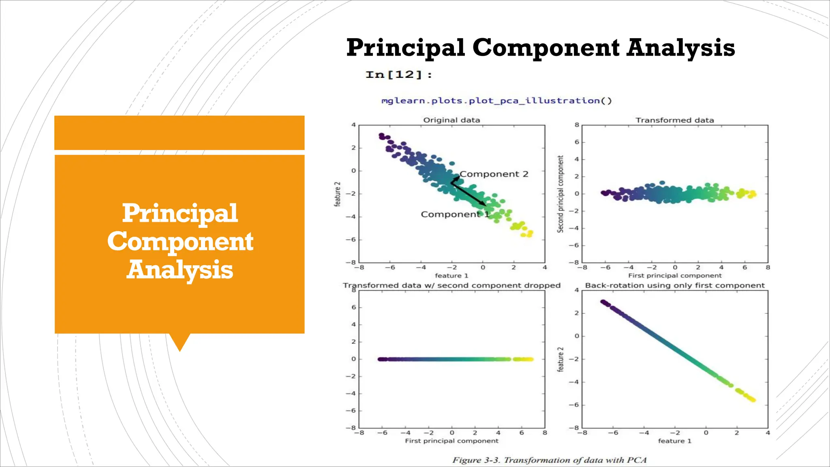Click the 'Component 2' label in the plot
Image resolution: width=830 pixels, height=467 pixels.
(494, 174)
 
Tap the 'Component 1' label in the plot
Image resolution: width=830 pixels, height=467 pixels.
(455, 214)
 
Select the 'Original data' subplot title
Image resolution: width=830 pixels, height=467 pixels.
(451, 120)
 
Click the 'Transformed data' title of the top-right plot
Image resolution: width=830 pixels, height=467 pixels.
(674, 120)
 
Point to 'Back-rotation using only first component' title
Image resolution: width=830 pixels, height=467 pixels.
(674, 285)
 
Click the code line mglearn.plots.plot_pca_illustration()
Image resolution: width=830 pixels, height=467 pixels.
(496, 101)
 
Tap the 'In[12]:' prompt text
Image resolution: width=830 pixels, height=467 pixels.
(398, 75)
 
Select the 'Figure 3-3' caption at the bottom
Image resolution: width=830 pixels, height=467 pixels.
(549, 460)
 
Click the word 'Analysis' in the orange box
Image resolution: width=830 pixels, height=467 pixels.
(180, 270)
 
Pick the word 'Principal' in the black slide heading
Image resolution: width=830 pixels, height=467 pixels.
(405, 47)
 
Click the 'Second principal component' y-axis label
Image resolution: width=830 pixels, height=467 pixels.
(560, 194)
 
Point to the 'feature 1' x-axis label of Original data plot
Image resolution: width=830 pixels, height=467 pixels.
(451, 276)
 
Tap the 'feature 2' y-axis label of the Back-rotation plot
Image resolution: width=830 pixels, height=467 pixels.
(560, 359)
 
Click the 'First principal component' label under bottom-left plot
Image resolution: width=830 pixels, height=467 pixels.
(451, 441)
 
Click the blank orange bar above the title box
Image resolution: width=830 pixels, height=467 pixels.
(179, 133)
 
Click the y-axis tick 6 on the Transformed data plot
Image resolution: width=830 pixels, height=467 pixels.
(577, 142)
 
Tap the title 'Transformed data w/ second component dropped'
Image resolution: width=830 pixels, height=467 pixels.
(451, 285)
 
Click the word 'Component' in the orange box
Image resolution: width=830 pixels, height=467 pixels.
(180, 242)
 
